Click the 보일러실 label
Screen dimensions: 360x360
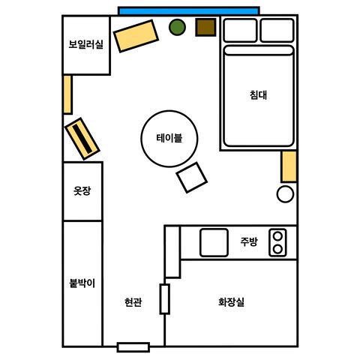point(86,44)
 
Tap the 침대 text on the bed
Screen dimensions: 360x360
point(259,95)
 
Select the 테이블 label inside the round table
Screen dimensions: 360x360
point(169,138)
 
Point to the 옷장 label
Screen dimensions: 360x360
point(82,190)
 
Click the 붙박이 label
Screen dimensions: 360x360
point(82,283)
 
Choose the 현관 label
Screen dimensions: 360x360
point(133,302)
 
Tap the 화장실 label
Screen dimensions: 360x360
point(231,302)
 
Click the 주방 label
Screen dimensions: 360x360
point(249,241)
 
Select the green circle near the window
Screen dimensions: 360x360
point(177,27)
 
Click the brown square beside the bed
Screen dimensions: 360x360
point(205,27)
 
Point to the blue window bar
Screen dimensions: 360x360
point(189,11)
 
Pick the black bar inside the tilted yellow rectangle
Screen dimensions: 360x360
point(82,139)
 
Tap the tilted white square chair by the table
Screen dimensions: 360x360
point(192,178)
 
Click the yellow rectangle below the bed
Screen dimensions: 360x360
point(289,166)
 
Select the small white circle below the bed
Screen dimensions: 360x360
point(285,194)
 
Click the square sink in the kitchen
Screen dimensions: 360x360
point(214,242)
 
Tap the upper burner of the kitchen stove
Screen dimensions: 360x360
point(277,235)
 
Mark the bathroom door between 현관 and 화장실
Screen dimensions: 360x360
point(165,298)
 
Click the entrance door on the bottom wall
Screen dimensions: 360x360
point(133,347)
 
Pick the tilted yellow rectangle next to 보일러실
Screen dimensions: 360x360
point(136,36)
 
